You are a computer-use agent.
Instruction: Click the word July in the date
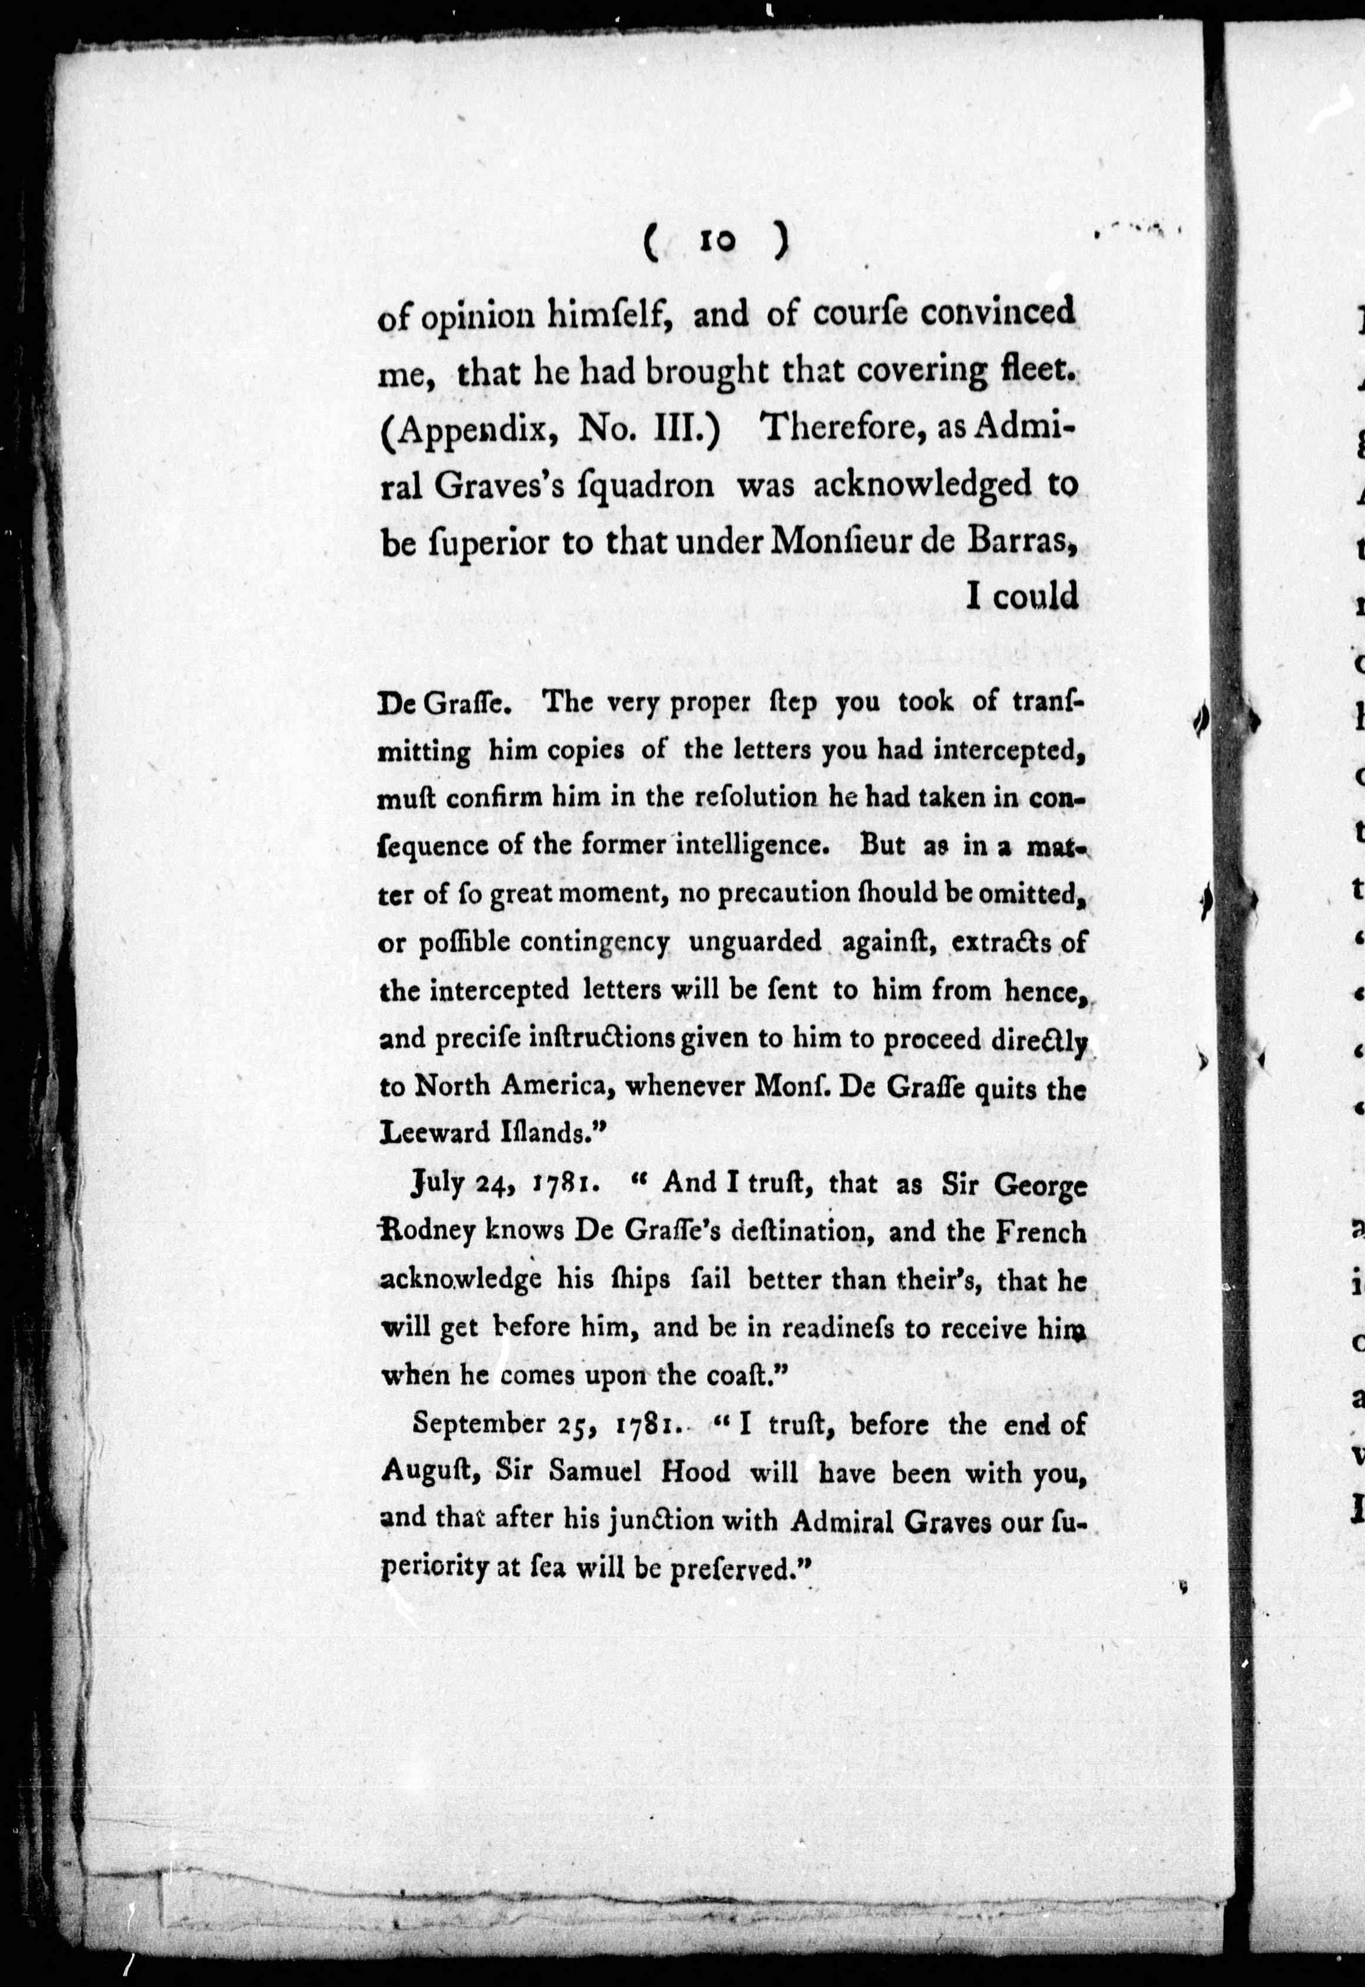tap(438, 1185)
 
